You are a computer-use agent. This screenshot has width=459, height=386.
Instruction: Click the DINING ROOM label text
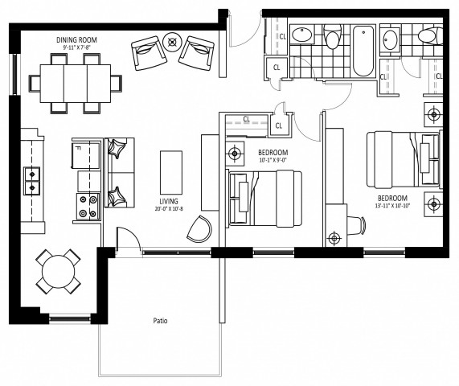[x=77, y=39]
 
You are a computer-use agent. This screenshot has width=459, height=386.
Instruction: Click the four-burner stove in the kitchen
[x=87, y=207]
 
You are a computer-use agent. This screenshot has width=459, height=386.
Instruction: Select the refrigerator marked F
[x=85, y=153]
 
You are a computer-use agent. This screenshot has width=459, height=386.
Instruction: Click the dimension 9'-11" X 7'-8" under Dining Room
[x=77, y=48]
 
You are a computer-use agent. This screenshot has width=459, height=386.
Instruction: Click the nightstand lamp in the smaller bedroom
[x=235, y=153]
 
